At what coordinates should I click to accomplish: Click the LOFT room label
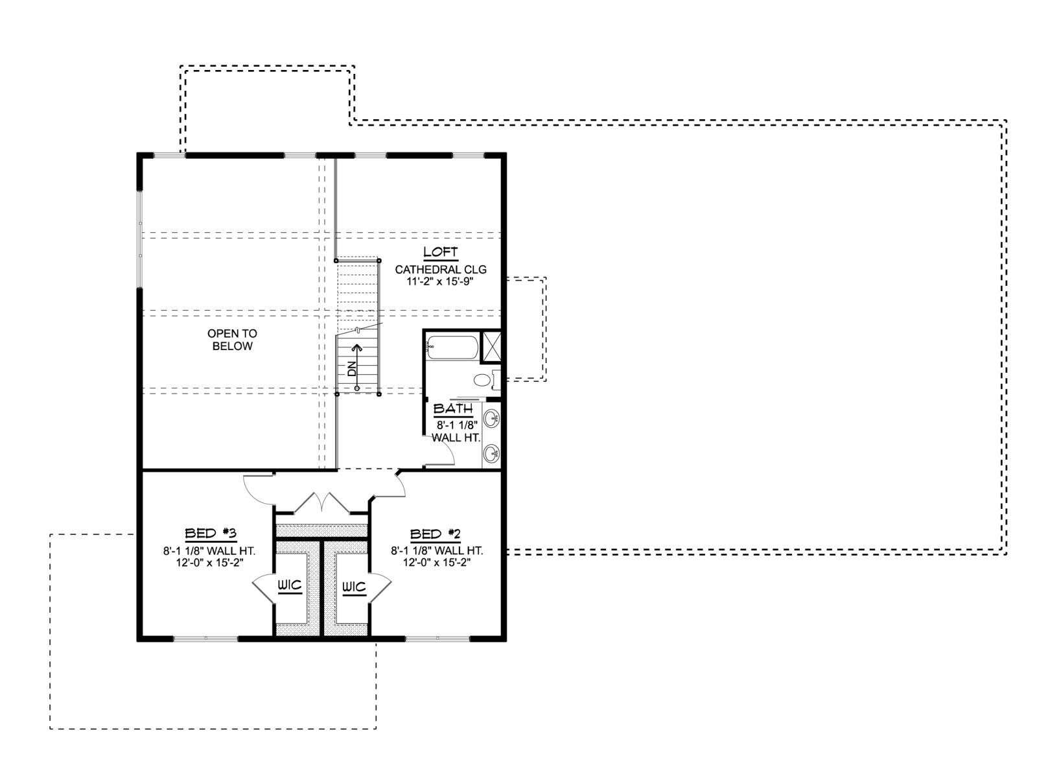click(440, 252)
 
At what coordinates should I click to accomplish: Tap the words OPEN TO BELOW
click(232, 340)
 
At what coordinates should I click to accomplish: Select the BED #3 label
click(210, 534)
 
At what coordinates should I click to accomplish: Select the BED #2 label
click(435, 534)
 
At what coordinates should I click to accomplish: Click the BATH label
click(453, 408)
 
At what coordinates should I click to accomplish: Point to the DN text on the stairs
click(352, 368)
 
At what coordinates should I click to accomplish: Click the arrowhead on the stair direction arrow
click(357, 348)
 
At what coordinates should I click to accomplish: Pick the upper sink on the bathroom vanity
click(491, 419)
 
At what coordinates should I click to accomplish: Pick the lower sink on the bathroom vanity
click(491, 454)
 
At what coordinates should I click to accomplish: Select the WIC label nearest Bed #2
click(353, 587)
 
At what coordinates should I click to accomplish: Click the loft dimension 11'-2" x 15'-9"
click(440, 282)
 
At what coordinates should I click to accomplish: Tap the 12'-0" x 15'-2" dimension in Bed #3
click(209, 563)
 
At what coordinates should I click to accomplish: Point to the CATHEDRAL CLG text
click(441, 269)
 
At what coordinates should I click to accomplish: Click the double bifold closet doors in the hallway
click(321, 502)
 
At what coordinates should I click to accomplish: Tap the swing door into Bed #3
click(259, 488)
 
